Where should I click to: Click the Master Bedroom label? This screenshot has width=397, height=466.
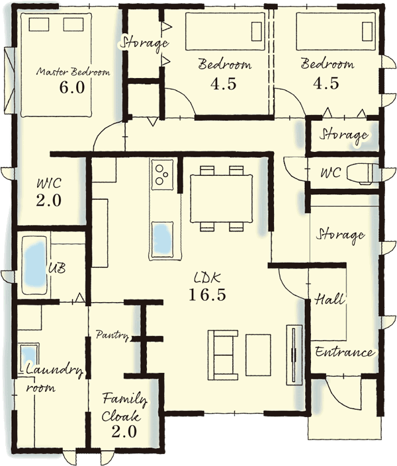coord(73,72)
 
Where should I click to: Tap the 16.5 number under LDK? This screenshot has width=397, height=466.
coord(207,295)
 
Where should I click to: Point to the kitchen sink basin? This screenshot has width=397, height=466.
coord(163,240)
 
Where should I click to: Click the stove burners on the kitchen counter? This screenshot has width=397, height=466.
coord(162,175)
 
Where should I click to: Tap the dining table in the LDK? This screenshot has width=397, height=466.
coord(222,198)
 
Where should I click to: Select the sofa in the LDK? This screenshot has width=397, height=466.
coord(223,355)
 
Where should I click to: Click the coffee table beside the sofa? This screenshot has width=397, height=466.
coord(258,355)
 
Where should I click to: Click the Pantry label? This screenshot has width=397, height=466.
coord(112,335)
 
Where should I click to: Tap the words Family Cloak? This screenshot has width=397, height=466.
coord(124,407)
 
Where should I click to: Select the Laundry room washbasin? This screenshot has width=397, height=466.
coord(29,358)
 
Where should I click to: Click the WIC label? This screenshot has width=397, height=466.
coord(49,183)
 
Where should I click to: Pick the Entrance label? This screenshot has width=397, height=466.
coord(345,352)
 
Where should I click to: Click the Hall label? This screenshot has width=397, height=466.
coord(330,299)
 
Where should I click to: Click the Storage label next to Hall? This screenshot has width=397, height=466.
coord(340,235)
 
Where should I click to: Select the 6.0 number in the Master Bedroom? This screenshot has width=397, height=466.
coord(72,87)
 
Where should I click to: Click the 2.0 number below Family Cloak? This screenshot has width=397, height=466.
coord(124,431)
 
